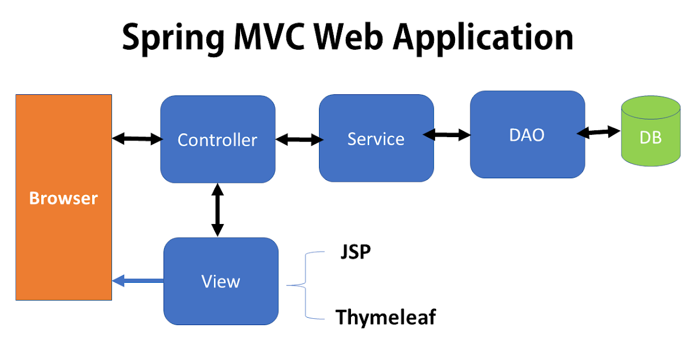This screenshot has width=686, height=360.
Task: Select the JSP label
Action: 355,252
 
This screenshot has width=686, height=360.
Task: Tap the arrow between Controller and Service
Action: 298,139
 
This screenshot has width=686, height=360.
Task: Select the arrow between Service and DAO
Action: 446,135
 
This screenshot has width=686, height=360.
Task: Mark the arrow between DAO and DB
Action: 599,133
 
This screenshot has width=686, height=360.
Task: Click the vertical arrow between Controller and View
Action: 217,210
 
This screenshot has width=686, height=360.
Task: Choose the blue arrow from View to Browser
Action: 138,281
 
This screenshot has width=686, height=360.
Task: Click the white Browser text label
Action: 63,198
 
